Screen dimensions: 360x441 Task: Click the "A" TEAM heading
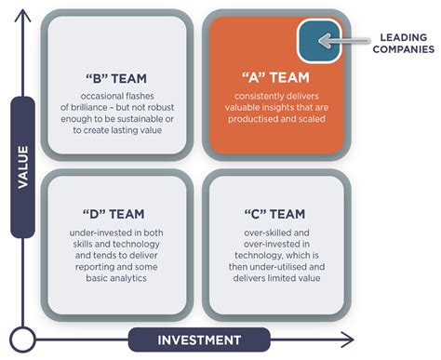(275, 79)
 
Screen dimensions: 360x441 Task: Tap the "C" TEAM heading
(275, 210)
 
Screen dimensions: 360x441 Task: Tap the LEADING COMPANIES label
(402, 43)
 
